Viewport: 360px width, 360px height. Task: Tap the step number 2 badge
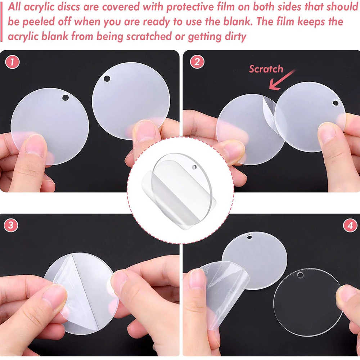coord(197,62)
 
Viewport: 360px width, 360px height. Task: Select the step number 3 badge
coord(11,226)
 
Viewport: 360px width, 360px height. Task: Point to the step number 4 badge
coord(350,226)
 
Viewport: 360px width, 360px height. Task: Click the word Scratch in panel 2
coord(266,69)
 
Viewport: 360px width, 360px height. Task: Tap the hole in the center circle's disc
coord(194,167)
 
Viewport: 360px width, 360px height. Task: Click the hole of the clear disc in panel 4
coord(300,275)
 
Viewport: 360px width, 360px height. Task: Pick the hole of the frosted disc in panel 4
coord(249,237)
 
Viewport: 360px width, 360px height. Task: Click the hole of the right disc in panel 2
coord(336,103)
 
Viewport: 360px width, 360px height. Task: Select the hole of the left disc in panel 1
coord(65,98)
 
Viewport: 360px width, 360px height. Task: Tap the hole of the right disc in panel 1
coord(107,78)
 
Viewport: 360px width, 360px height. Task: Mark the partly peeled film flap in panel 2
coord(271,112)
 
